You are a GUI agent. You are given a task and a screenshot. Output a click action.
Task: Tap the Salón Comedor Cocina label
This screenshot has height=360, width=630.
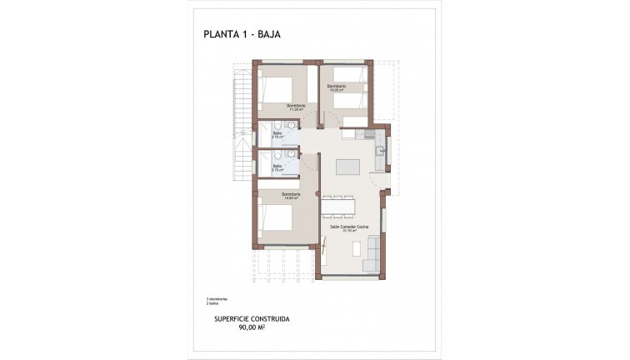(349, 227)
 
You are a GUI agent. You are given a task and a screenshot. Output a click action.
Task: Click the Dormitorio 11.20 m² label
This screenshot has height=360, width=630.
(296, 107)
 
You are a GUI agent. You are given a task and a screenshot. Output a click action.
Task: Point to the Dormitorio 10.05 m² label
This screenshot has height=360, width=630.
(336, 88)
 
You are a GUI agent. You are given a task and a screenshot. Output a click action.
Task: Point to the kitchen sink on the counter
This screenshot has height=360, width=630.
(379, 152)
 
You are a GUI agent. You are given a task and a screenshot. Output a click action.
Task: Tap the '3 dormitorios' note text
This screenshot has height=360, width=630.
(217, 298)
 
